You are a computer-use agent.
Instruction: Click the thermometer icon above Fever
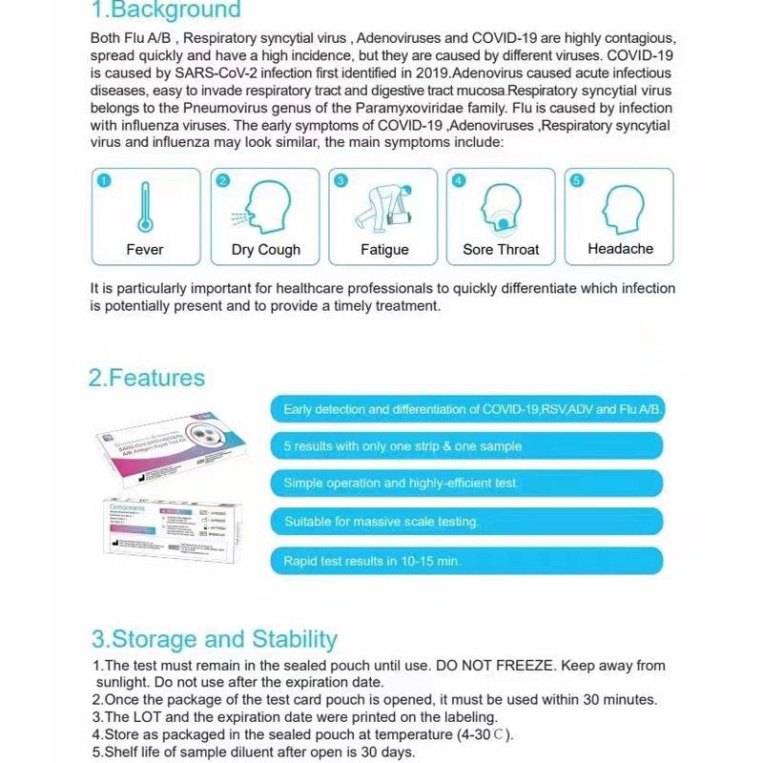[145, 206]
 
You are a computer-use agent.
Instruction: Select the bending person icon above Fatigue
[383, 206]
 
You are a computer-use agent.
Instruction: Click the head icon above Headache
[620, 204]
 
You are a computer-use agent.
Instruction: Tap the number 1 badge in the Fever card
[104, 180]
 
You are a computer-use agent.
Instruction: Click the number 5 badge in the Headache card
[576, 180]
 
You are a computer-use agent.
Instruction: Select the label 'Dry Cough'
[265, 250]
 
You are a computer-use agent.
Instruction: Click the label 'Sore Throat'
[501, 250]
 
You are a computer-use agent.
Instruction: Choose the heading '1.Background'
[165, 11]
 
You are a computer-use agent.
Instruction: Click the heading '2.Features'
[147, 378]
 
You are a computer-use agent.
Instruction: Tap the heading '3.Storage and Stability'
[214, 639]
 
